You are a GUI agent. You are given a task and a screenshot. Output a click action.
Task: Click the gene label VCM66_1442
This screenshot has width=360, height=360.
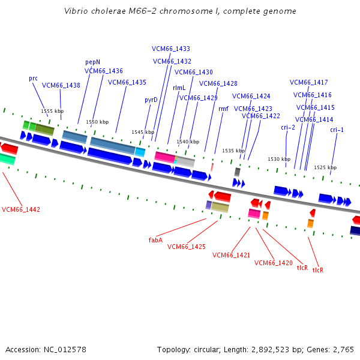21,209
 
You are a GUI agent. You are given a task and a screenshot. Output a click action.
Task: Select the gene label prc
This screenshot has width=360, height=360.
33,79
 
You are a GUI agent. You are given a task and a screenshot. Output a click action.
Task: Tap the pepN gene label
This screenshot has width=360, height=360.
92,62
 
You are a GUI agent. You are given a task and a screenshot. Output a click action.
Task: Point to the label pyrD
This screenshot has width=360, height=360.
151,100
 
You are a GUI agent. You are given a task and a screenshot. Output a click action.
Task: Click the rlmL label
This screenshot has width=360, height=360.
179,88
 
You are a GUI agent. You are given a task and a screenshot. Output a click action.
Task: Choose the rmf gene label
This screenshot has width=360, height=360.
223,109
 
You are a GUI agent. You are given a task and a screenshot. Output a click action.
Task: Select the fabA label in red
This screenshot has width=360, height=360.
155,239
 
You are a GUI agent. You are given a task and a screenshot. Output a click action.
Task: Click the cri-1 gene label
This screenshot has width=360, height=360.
337,130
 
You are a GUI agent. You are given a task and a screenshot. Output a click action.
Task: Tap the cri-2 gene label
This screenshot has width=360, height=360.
288,127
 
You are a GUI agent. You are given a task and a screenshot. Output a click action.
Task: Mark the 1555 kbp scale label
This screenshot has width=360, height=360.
52,111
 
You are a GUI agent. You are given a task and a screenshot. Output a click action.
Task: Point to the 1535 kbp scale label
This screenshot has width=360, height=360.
233,151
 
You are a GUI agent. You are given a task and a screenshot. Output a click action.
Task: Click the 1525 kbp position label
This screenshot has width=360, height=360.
325,167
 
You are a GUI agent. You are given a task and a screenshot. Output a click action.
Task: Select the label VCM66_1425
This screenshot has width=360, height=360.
187,247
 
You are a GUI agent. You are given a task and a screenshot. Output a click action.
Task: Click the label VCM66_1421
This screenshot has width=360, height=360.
231,255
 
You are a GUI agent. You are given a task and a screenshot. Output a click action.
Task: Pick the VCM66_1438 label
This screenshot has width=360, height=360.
61,85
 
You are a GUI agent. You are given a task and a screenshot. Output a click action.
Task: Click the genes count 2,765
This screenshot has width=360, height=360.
342,349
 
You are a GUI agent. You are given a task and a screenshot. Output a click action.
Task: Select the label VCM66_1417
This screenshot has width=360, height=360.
309,82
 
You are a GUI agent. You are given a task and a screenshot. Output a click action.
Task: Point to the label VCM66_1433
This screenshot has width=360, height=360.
171,49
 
